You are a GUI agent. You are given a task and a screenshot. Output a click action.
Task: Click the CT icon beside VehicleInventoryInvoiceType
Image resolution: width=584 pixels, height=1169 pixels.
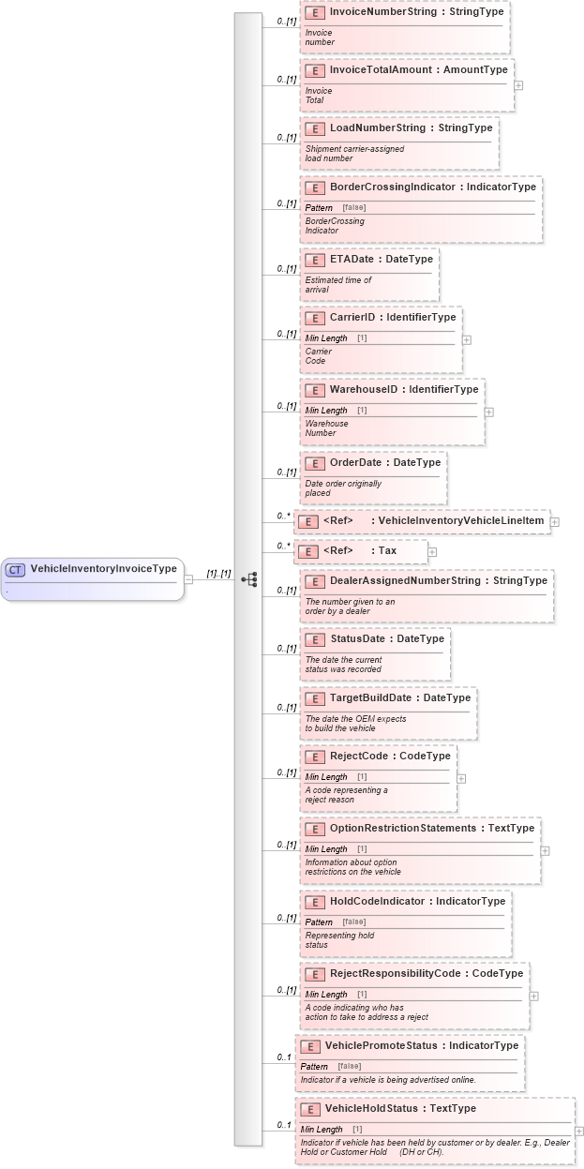[15, 569]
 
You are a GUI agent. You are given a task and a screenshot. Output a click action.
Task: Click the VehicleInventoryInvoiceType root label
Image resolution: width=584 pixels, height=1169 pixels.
[103, 569]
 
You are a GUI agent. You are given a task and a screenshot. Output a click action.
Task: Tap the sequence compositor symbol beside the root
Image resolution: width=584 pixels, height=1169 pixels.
[249, 579]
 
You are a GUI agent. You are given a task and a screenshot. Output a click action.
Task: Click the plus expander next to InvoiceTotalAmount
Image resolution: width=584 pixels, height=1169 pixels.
[518, 84]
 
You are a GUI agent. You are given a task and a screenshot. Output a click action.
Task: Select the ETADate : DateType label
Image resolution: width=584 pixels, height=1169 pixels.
[381, 259]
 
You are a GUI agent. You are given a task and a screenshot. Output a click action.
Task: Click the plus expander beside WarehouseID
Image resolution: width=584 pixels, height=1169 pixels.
[489, 412]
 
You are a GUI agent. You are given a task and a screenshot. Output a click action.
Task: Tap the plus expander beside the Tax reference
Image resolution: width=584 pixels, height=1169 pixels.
[432, 551]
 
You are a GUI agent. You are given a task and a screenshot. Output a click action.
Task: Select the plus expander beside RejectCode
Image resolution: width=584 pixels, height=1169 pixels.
[461, 778]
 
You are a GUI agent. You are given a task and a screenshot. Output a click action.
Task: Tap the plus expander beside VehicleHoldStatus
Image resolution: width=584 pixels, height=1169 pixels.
[578, 1132]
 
